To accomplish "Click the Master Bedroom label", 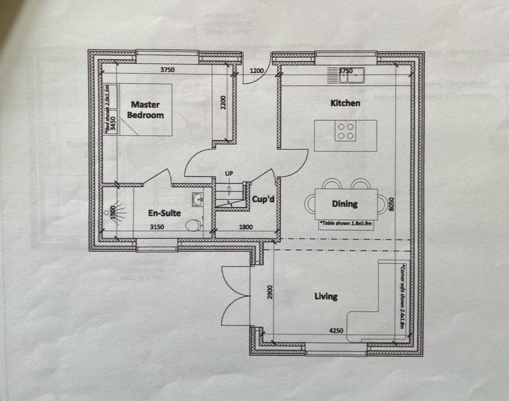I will point(146,110).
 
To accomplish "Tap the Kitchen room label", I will point(345,103).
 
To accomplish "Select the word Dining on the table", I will point(345,204).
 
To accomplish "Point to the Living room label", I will point(325,296).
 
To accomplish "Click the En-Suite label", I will point(164,213).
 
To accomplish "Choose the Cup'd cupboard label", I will point(263,199).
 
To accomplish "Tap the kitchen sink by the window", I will point(351,75).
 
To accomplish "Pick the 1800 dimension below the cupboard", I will point(245,226).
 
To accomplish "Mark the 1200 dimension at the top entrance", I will point(256,71).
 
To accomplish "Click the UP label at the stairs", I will point(228,174).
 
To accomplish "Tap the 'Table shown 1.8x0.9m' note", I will point(346,224).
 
